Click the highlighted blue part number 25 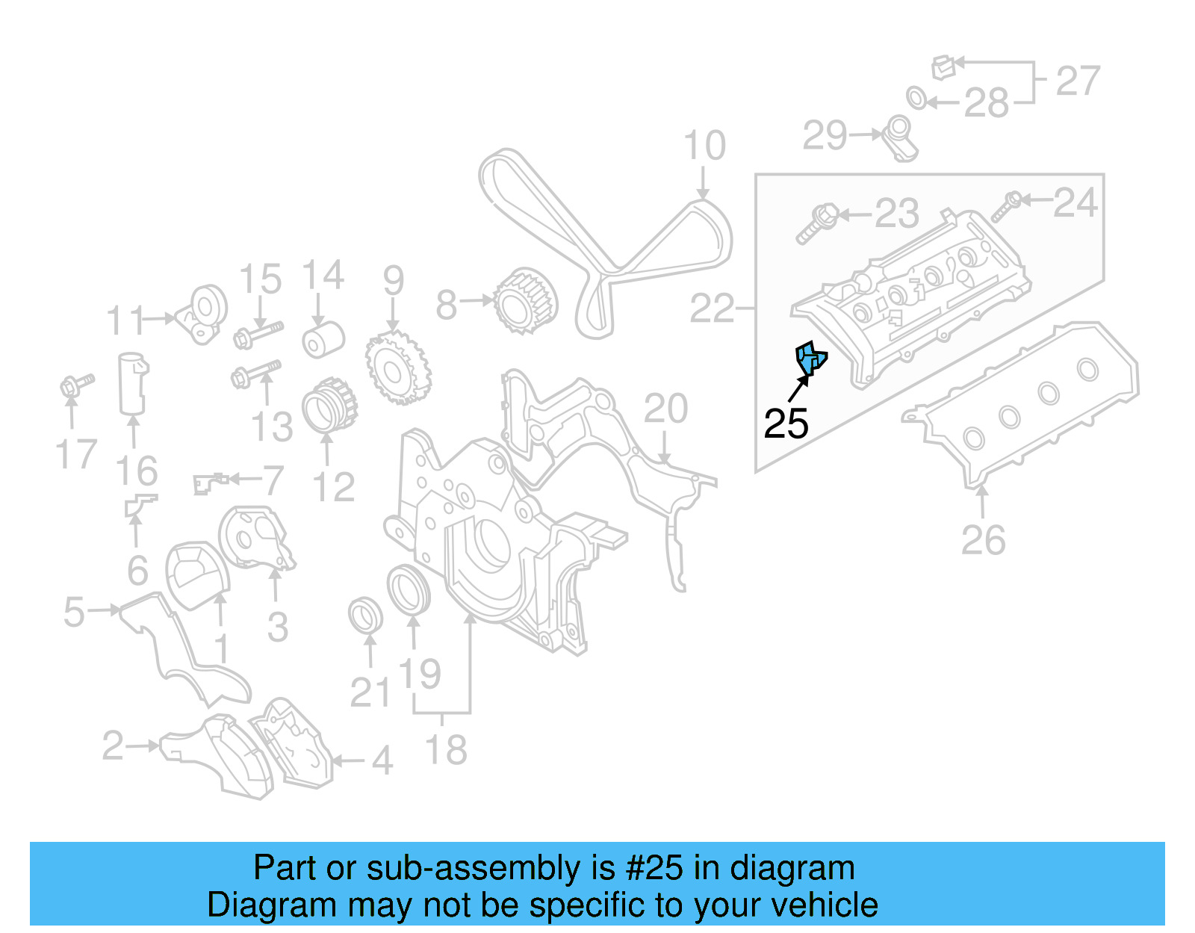point(810,358)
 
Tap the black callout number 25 point(786,424)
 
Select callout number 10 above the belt point(704,146)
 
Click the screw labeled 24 point(1005,207)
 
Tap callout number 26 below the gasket point(983,539)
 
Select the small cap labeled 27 point(943,67)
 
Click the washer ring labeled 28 point(916,98)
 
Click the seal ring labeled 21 point(366,614)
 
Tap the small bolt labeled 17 point(75,385)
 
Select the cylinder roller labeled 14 point(323,340)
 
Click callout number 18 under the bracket point(446,749)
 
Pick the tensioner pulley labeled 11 point(203,313)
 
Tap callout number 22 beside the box point(712,308)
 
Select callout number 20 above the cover point(665,409)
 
